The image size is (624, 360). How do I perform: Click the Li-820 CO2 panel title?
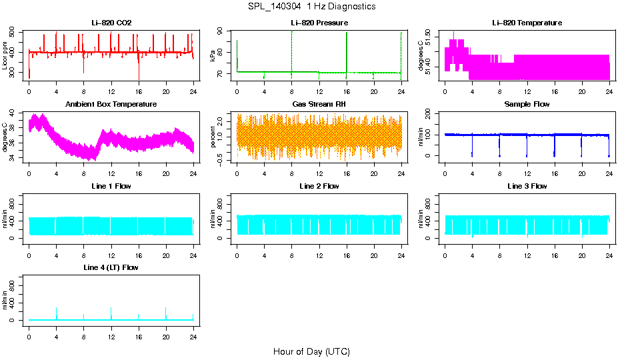(111, 23)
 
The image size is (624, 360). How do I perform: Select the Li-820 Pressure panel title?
(319, 23)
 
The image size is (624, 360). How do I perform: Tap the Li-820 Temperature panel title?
(527, 23)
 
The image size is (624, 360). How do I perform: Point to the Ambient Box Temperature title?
(111, 105)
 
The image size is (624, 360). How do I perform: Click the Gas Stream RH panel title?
(319, 105)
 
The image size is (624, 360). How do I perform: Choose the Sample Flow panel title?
(527, 105)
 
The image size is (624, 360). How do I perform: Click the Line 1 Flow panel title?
(111, 186)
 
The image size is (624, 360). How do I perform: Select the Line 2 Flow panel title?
(319, 186)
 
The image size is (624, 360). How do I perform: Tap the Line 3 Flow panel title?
(527, 186)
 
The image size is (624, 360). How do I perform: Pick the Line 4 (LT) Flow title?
(111, 267)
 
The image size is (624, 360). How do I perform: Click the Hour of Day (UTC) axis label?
(311, 351)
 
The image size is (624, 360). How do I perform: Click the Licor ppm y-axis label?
(5, 55)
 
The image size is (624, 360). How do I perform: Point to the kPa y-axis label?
(213, 55)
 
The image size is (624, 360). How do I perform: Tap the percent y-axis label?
(213, 137)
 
